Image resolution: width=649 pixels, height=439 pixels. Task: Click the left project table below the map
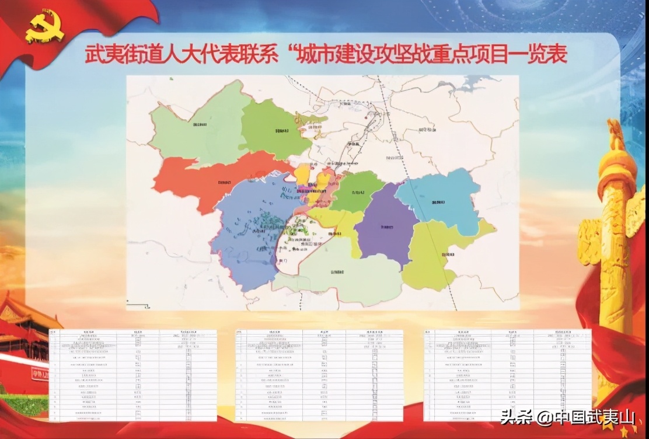(133, 375)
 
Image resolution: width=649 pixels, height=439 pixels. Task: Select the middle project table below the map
(319, 375)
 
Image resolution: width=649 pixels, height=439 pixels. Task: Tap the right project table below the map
(508, 375)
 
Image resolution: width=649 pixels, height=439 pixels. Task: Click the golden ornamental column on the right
(613, 234)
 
